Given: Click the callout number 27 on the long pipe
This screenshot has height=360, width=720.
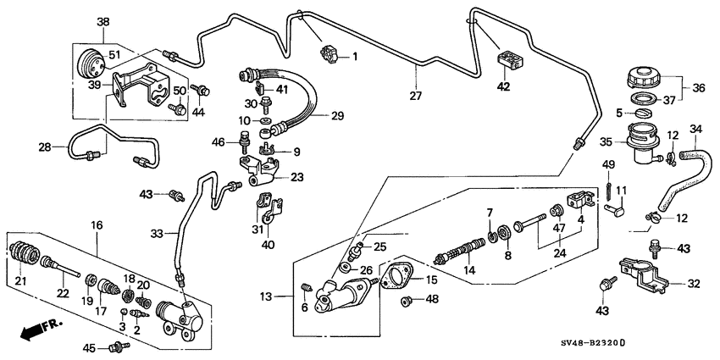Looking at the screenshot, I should (x=416, y=95).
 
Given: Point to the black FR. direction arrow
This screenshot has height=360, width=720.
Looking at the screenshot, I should (x=31, y=328).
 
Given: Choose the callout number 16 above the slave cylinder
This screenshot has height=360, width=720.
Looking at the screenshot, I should (x=97, y=224).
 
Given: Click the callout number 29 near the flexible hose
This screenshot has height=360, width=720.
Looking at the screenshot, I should (x=336, y=116).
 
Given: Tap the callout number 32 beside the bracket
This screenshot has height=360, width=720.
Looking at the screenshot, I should (x=694, y=284).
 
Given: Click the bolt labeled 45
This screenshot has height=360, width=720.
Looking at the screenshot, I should (x=116, y=346).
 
